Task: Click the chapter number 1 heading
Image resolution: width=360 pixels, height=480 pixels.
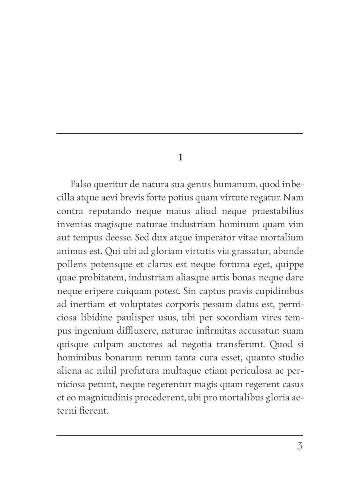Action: point(180,158)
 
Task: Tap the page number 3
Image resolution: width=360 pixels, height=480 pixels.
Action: point(300,446)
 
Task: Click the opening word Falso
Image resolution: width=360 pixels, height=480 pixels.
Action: point(81,184)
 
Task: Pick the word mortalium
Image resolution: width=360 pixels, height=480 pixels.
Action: point(282,238)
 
